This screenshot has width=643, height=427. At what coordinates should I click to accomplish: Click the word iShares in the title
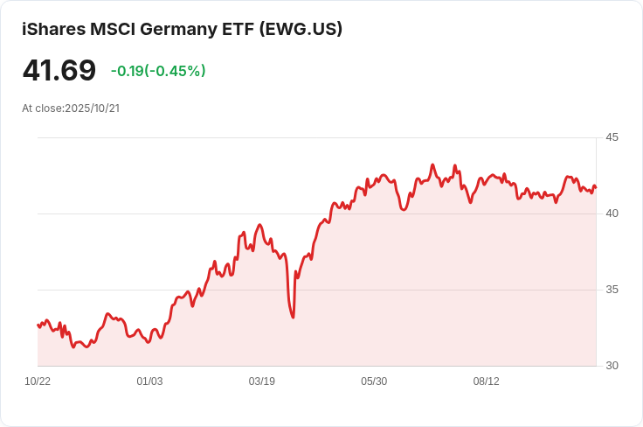[53, 29]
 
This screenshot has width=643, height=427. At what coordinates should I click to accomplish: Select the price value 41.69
[59, 70]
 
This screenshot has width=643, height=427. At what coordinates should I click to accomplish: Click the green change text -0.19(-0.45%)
[158, 71]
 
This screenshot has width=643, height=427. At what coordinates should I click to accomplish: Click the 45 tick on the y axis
[612, 137]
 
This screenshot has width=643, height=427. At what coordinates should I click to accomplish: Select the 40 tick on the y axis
[612, 213]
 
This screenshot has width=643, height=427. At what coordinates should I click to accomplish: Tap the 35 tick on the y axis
[612, 290]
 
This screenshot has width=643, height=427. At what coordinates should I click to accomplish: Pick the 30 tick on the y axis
[612, 366]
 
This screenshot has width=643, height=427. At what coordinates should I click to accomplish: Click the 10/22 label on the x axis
[38, 381]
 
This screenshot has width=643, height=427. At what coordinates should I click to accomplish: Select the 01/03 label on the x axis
[149, 381]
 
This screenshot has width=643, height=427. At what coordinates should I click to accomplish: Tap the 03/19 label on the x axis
[261, 381]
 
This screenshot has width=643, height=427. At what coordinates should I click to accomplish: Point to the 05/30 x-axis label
[374, 381]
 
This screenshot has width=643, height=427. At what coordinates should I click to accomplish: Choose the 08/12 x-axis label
[486, 381]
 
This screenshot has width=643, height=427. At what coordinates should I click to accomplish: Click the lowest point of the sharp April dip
[293, 317]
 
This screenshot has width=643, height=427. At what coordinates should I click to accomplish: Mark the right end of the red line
[596, 187]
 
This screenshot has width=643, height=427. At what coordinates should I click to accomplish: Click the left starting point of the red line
[38, 325]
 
